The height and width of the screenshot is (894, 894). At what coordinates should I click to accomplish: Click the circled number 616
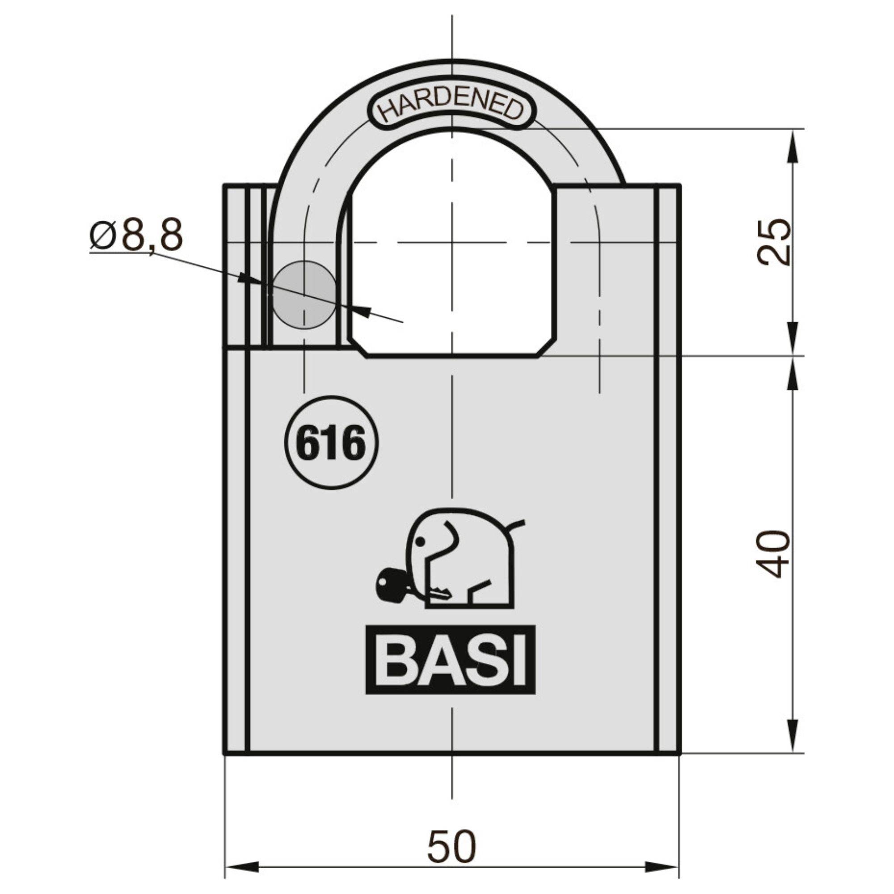point(331,443)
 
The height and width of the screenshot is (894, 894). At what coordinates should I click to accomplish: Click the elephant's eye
point(420,541)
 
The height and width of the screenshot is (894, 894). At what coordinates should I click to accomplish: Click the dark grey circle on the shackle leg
point(304,295)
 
